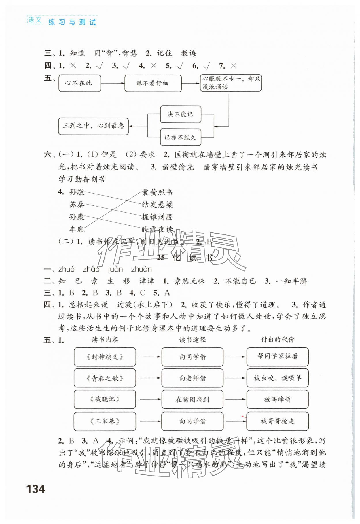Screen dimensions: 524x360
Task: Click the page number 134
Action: coord(36,489)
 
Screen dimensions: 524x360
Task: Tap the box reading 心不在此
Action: coord(80,83)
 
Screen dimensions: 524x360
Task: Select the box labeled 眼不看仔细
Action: coord(153,83)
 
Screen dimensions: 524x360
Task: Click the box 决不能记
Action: coord(181,114)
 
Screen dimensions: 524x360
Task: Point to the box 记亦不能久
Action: coord(181,137)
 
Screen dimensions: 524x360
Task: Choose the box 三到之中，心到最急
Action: coord(93,126)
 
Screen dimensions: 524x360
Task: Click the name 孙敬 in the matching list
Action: coord(77,192)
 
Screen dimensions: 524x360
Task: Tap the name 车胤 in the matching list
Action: coord(77,229)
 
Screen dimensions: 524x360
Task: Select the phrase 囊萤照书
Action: coord(157,192)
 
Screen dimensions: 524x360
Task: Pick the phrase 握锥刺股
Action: coord(157,217)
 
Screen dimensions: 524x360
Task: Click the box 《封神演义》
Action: coord(105,357)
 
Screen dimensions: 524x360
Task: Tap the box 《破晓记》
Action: coord(105,399)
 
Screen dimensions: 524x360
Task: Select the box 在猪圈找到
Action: coord(192,399)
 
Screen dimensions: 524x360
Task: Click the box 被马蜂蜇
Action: coord(277,399)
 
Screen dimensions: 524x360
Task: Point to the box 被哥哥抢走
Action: coord(277,421)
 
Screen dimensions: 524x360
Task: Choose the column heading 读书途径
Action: coord(192,340)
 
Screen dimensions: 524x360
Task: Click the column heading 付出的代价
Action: coord(277,340)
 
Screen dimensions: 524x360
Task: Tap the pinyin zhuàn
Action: coord(141,269)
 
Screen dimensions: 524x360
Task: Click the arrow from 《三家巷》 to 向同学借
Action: coord(150,421)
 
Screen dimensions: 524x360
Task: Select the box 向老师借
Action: coord(192,378)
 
